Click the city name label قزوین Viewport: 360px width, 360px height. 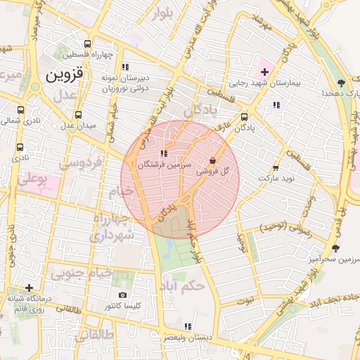point(64,72)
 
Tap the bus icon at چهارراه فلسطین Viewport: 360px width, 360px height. point(87,43)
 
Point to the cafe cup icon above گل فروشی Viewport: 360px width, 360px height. point(213,160)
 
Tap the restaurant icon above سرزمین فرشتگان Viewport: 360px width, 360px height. point(164,153)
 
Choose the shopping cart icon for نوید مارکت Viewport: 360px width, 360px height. point(275,168)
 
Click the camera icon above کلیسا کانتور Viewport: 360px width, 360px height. point(123,295)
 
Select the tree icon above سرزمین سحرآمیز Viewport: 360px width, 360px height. point(335,248)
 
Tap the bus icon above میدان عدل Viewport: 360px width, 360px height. point(78,115)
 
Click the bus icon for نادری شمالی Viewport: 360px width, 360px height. point(20,110)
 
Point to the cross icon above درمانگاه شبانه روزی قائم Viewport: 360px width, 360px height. point(29,288)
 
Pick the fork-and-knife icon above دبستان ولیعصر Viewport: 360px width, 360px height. point(186,326)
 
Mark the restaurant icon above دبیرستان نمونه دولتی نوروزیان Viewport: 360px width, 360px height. point(125,67)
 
